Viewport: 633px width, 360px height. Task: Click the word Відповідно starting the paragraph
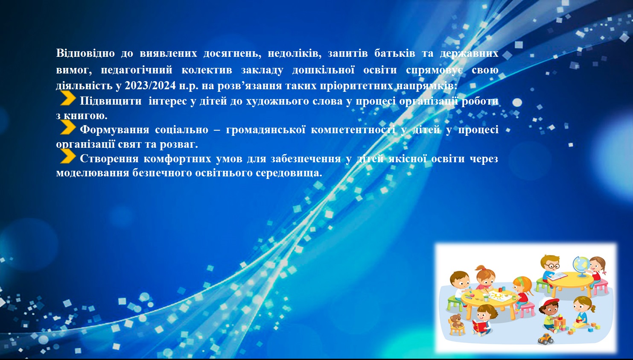[85, 53]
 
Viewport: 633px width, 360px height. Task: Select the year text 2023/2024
[150, 85]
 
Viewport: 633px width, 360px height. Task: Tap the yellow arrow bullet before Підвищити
[68, 98]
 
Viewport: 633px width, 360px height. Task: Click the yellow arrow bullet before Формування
[68, 127]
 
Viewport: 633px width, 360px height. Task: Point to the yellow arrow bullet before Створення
[68, 156]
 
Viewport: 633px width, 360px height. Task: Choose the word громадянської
[265, 129]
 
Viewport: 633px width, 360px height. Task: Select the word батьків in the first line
[395, 53]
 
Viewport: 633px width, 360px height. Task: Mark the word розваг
[179, 144]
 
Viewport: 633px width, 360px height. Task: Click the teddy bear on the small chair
[455, 321]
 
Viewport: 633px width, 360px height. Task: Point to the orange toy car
[545, 339]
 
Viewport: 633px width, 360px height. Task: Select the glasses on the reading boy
[552, 266]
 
